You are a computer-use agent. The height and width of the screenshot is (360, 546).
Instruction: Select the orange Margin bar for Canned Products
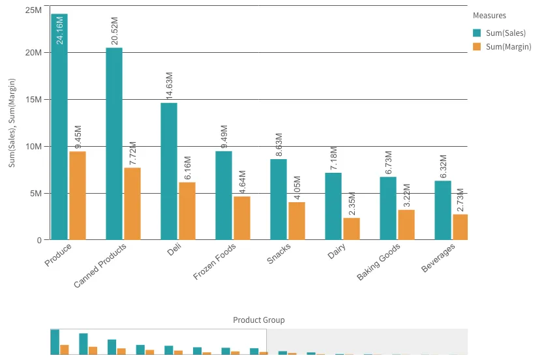[132, 203]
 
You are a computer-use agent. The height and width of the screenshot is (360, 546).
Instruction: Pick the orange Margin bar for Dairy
[352, 228]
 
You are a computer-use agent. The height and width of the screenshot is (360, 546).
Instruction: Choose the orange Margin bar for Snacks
[297, 220]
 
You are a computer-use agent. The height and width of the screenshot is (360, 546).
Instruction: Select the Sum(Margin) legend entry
[502, 47]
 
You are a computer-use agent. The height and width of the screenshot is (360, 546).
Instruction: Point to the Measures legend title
[489, 16]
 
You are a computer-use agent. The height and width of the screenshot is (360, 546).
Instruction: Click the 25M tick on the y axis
[33, 10]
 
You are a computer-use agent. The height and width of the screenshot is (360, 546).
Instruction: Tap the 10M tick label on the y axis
[33, 146]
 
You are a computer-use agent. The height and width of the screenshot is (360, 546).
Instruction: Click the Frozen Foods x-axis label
[215, 262]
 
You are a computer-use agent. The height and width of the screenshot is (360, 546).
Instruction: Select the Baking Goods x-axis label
[379, 262]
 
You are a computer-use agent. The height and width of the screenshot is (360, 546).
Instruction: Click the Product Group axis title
[259, 320]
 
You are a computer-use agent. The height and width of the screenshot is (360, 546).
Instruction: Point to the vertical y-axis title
[12, 123]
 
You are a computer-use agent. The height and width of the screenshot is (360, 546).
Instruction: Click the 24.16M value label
[59, 30]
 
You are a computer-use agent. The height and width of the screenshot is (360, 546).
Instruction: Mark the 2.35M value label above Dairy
[352, 204]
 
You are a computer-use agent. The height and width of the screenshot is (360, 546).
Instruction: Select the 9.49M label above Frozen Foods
[224, 137]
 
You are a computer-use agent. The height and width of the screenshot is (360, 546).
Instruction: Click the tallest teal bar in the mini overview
[55, 342]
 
